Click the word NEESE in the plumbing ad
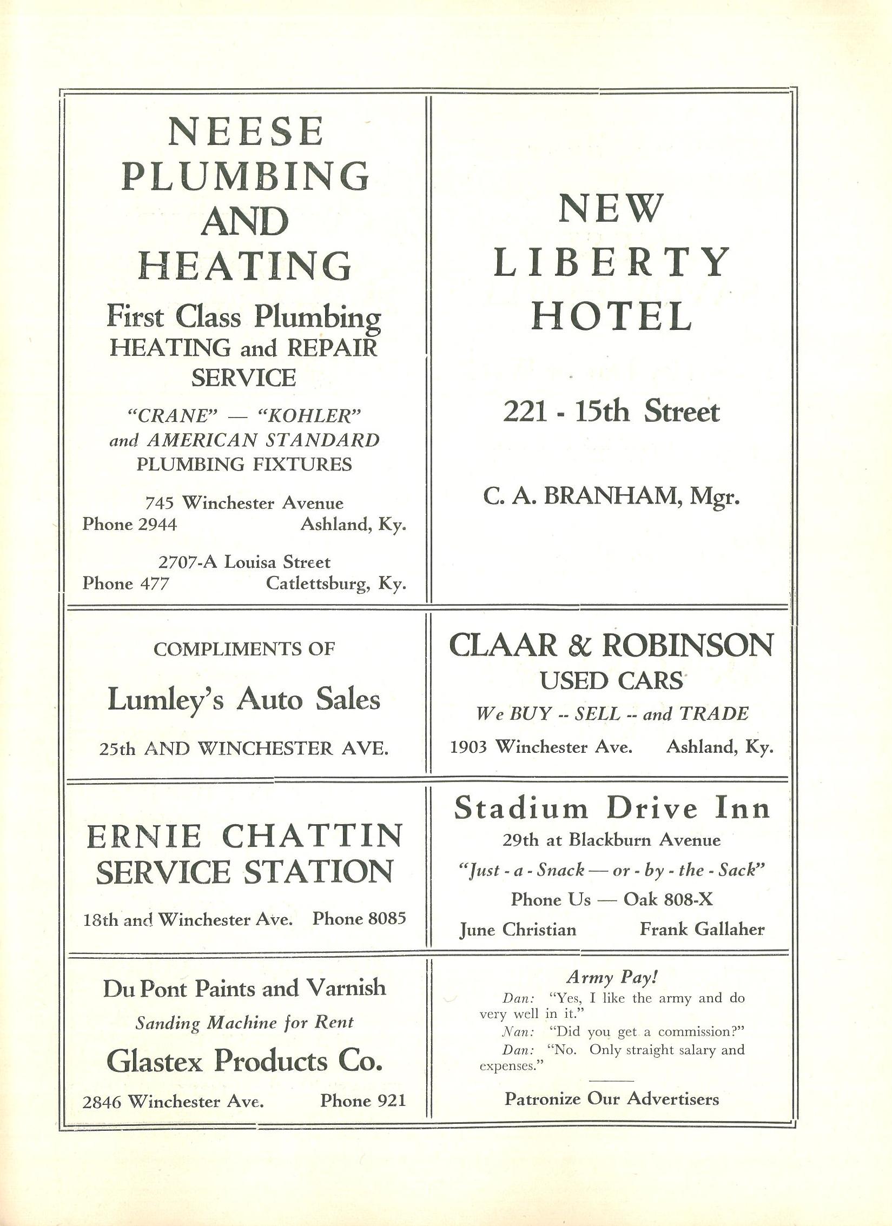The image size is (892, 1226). coord(246,131)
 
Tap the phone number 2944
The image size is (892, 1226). coord(157,524)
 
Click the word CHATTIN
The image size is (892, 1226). coord(312,836)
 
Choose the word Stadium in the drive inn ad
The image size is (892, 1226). coord(520,809)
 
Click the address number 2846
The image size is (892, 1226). coord(103,1102)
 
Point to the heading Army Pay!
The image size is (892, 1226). coord(612,977)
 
